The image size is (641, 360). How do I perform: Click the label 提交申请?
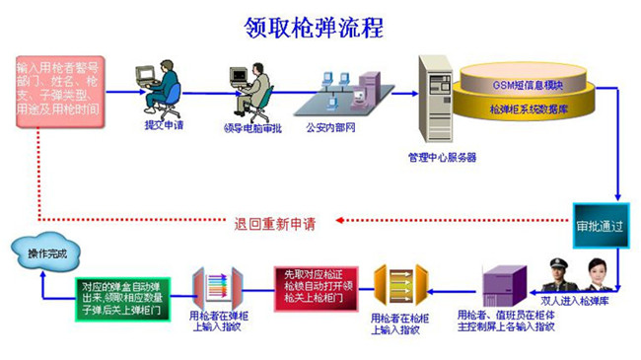tap(158, 125)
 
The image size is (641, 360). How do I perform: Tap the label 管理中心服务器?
tap(442, 156)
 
